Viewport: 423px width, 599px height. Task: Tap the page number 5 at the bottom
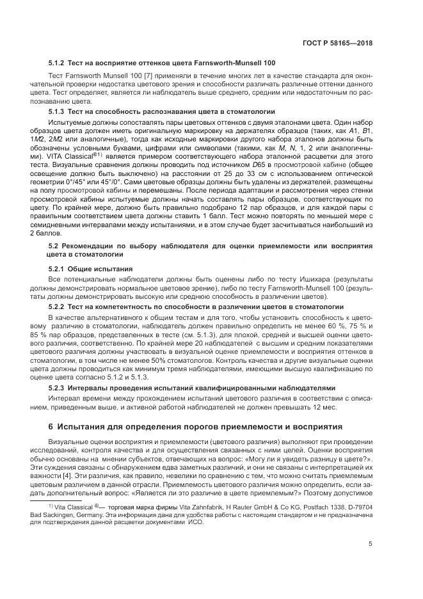371,544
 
